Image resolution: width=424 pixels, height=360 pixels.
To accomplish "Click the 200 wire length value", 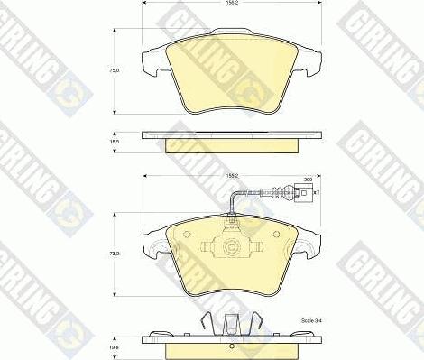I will point(308,180).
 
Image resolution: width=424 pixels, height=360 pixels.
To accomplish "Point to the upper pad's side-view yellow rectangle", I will point(233,143).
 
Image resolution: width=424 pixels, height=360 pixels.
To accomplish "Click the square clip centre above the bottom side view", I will point(233,321).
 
